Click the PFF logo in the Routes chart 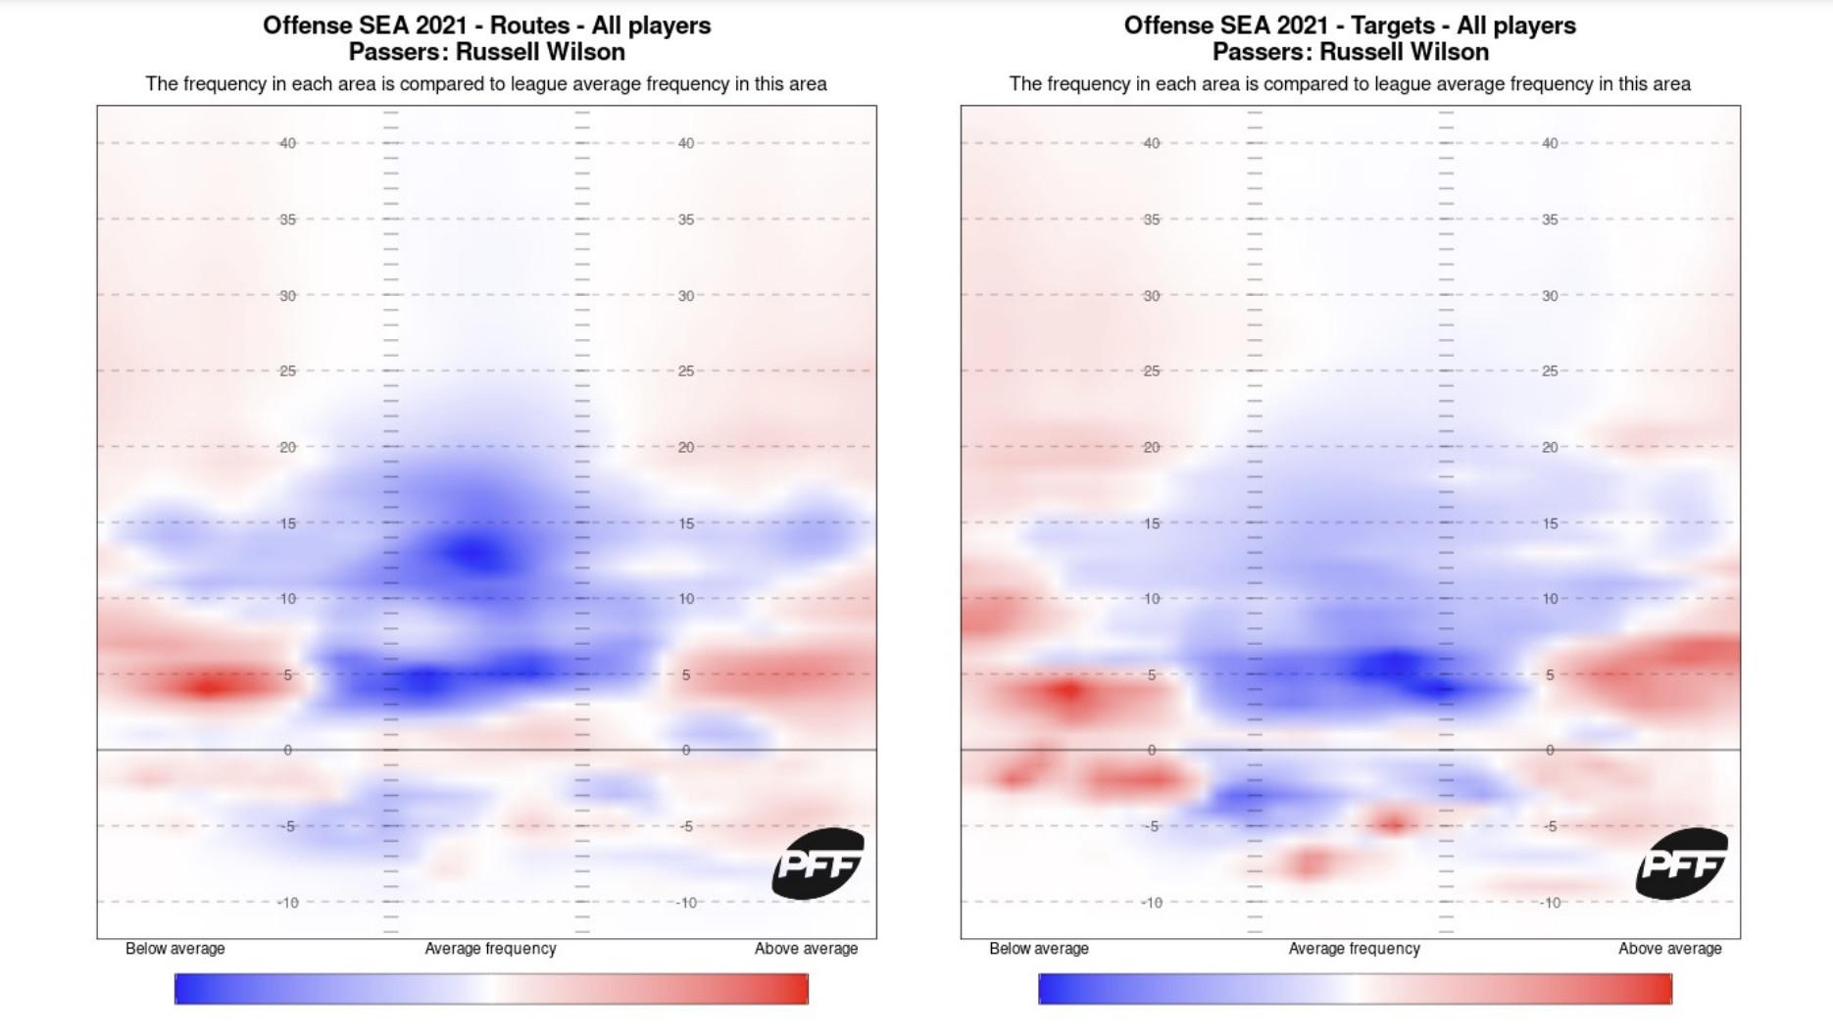coord(817,863)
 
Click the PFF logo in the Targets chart coord(1681,863)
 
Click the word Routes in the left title coord(530,25)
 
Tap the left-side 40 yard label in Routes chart coord(287,143)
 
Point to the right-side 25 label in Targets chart coord(1550,371)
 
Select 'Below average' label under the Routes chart coord(175,949)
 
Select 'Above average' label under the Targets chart coord(1669,949)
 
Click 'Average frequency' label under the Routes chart coord(490,949)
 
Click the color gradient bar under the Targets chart coord(1355,989)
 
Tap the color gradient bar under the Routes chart coord(491,989)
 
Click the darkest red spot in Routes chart coord(208,685)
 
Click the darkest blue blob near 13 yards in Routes coord(476,554)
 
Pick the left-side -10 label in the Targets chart coord(1151,903)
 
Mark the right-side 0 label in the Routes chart coord(686,751)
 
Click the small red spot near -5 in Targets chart coord(1393,822)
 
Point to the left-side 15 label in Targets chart coord(1152,523)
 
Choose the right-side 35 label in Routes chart coord(686,220)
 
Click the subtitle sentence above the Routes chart coord(486,84)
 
